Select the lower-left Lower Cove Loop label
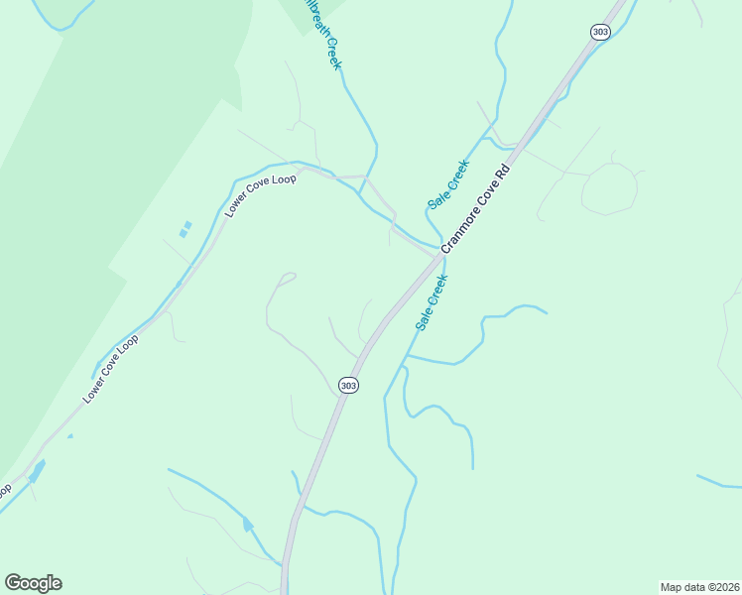(x=111, y=368)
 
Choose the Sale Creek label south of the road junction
(x=433, y=302)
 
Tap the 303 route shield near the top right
(x=599, y=32)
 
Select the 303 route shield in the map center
(x=347, y=385)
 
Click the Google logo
(x=33, y=583)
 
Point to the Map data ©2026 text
(x=699, y=587)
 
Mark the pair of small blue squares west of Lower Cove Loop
(x=185, y=229)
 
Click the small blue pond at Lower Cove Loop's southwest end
(x=37, y=472)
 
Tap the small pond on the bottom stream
(x=247, y=525)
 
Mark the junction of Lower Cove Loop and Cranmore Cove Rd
(x=435, y=256)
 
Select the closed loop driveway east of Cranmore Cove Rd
(x=608, y=188)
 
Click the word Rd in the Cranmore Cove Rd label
(x=504, y=171)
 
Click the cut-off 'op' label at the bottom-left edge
(x=5, y=489)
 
